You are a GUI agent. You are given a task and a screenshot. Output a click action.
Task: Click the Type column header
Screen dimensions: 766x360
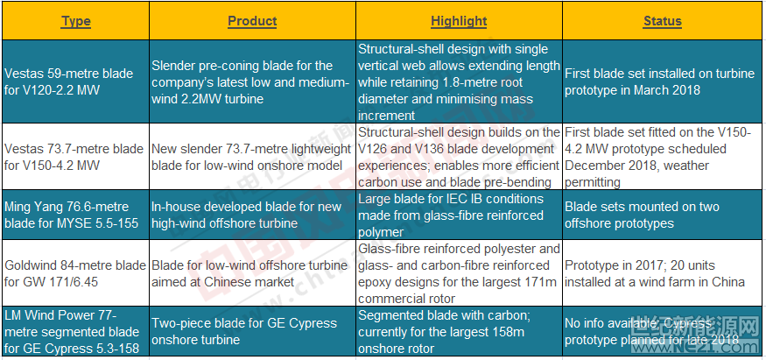coord(75,22)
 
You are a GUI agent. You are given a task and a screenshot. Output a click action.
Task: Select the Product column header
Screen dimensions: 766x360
coord(252,22)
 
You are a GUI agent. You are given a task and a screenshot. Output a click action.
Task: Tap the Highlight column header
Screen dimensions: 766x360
coord(459,22)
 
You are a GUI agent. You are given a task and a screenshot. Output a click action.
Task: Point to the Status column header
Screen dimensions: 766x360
coord(663,22)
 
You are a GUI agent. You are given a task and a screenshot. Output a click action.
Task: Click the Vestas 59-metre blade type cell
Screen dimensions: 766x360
coord(75,81)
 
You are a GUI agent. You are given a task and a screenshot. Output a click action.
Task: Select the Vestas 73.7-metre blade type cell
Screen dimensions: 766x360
coord(75,156)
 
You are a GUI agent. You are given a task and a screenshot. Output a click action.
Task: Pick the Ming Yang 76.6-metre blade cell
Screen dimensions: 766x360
coord(75,215)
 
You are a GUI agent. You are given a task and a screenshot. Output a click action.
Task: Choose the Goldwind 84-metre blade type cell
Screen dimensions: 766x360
coord(75,273)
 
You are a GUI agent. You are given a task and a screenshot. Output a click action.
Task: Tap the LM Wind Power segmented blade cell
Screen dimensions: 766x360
coord(75,331)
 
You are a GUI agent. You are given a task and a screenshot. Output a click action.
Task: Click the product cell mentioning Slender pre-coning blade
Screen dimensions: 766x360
coord(252,81)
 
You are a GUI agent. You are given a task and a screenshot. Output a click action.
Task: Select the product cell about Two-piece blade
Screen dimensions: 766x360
coord(252,331)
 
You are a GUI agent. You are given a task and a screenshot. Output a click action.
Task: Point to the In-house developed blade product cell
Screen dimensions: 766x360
coord(252,215)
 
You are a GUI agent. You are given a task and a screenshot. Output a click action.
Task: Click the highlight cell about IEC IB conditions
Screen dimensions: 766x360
coord(459,215)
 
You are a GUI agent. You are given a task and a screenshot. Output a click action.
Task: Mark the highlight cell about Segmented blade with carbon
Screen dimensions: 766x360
coord(459,331)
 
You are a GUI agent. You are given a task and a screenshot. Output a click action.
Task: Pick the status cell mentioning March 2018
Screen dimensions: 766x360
coord(663,81)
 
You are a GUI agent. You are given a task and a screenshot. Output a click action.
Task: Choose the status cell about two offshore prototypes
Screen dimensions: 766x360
coord(663,215)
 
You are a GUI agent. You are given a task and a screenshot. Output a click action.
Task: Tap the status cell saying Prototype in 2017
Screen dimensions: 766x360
coord(663,273)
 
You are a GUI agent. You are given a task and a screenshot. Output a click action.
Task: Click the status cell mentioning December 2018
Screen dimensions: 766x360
coord(663,156)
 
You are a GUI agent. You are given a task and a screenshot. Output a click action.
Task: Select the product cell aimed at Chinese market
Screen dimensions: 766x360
coord(252,273)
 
